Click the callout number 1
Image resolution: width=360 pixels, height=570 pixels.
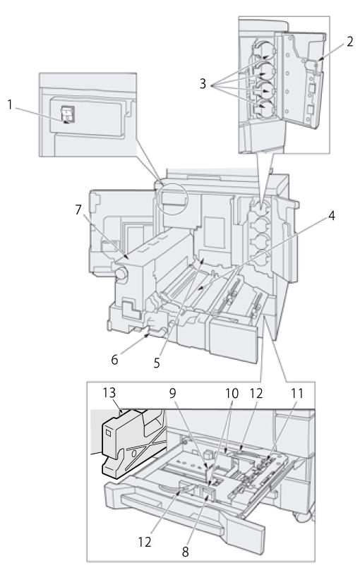pyautogui.click(x=10, y=105)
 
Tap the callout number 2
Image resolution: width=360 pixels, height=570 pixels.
pyautogui.click(x=349, y=42)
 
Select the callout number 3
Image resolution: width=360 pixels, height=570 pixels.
pyautogui.click(x=203, y=84)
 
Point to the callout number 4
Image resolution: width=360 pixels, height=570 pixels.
pyautogui.click(x=331, y=216)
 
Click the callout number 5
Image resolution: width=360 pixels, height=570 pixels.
pyautogui.click(x=157, y=363)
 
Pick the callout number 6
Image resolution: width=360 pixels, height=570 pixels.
pyautogui.click(x=114, y=360)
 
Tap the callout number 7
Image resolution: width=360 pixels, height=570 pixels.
pyautogui.click(x=78, y=210)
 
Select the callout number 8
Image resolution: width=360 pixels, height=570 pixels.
pyautogui.click(x=186, y=552)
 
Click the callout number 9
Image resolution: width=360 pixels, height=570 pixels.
pyautogui.click(x=173, y=393)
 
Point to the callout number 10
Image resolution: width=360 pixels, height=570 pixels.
pyautogui.click(x=232, y=393)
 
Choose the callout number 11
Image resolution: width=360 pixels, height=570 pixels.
pyautogui.click(x=296, y=393)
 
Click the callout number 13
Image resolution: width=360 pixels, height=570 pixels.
pyautogui.click(x=109, y=393)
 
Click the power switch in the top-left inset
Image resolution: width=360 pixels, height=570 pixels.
pyautogui.click(x=68, y=114)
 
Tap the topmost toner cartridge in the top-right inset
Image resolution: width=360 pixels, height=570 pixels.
pyautogui.click(x=265, y=50)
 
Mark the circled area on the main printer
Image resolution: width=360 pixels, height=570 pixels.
pyautogui.click(x=172, y=199)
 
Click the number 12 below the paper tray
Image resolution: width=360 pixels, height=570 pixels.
pyautogui.click(x=145, y=542)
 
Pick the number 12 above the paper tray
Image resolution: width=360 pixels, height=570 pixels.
pyautogui.click(x=256, y=393)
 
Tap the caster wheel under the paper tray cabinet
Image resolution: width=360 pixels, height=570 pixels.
pyautogui.click(x=303, y=516)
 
